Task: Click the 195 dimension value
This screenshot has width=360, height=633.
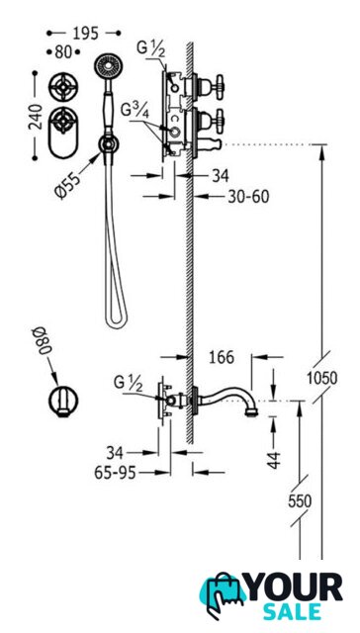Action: click(x=85, y=34)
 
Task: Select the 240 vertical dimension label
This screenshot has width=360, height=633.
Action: click(x=37, y=117)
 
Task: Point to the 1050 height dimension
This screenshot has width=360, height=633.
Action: click(x=321, y=378)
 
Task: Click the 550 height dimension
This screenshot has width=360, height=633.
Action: click(x=300, y=501)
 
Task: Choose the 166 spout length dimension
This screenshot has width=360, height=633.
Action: click(x=222, y=357)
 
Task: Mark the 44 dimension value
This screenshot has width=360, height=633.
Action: click(x=274, y=460)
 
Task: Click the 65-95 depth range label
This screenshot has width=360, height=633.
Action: click(x=115, y=473)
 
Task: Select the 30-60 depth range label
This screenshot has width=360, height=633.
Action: click(x=248, y=197)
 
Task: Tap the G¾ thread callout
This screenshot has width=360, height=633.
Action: click(x=135, y=110)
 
